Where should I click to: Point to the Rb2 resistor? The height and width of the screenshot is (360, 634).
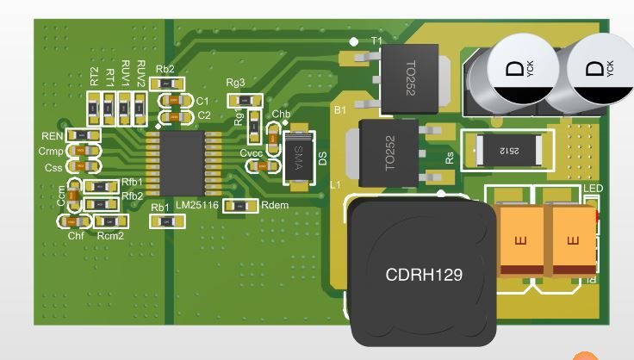click(165, 83)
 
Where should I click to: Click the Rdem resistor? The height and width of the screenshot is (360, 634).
click(240, 205)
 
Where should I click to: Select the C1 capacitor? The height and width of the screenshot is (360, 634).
click(176, 101)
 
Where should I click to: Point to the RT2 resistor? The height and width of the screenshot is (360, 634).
click(96, 106)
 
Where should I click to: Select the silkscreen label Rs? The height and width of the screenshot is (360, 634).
click(449, 158)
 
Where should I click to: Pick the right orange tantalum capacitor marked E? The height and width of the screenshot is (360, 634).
click(569, 241)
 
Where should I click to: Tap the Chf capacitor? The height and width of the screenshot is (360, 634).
click(75, 222)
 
